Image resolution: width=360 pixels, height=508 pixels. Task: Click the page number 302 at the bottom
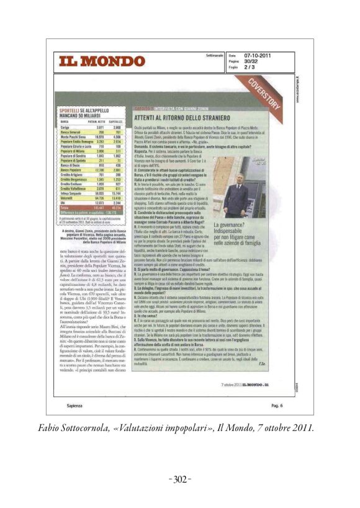point(180,479)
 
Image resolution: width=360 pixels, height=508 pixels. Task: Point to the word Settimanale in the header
point(214,55)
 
